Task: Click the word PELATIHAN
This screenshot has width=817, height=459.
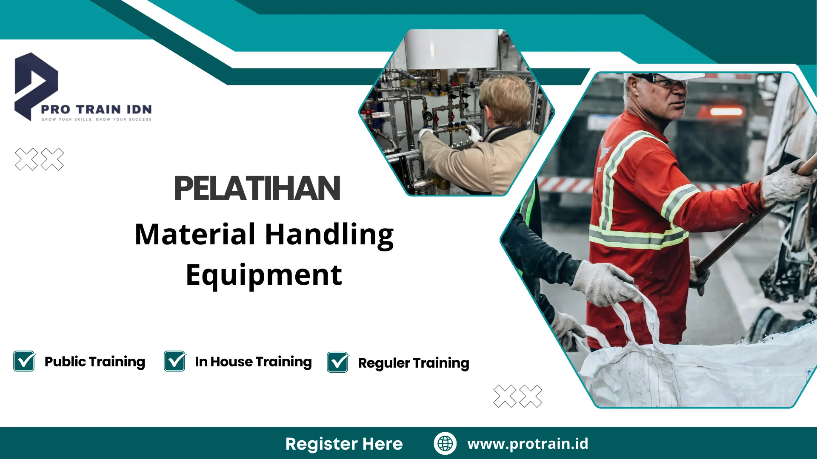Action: pyautogui.click(x=257, y=188)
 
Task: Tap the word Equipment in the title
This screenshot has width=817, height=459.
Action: pyautogui.click(x=264, y=275)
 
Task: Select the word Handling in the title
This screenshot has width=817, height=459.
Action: pyautogui.click(x=329, y=235)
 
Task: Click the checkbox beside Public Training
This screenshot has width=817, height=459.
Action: pyautogui.click(x=24, y=361)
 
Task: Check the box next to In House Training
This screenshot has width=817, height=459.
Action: pyautogui.click(x=175, y=361)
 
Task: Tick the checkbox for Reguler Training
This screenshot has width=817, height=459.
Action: pyautogui.click(x=338, y=363)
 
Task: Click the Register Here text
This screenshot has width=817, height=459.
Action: pyautogui.click(x=344, y=444)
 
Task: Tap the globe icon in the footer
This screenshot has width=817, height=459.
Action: pyautogui.click(x=445, y=443)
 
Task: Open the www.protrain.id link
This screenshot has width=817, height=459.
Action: pyautogui.click(x=528, y=443)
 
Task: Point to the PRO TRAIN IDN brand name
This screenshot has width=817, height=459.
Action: pyautogui.click(x=97, y=109)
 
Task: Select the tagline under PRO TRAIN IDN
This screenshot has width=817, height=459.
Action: pyautogui.click(x=97, y=119)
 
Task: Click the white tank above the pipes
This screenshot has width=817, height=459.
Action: pyautogui.click(x=451, y=49)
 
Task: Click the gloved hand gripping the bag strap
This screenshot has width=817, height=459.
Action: pyautogui.click(x=604, y=283)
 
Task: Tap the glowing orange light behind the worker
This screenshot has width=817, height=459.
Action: pyautogui.click(x=726, y=112)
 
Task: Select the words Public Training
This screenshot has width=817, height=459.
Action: pyautogui.click(x=94, y=362)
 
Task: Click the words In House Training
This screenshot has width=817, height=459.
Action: pyautogui.click(x=253, y=362)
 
